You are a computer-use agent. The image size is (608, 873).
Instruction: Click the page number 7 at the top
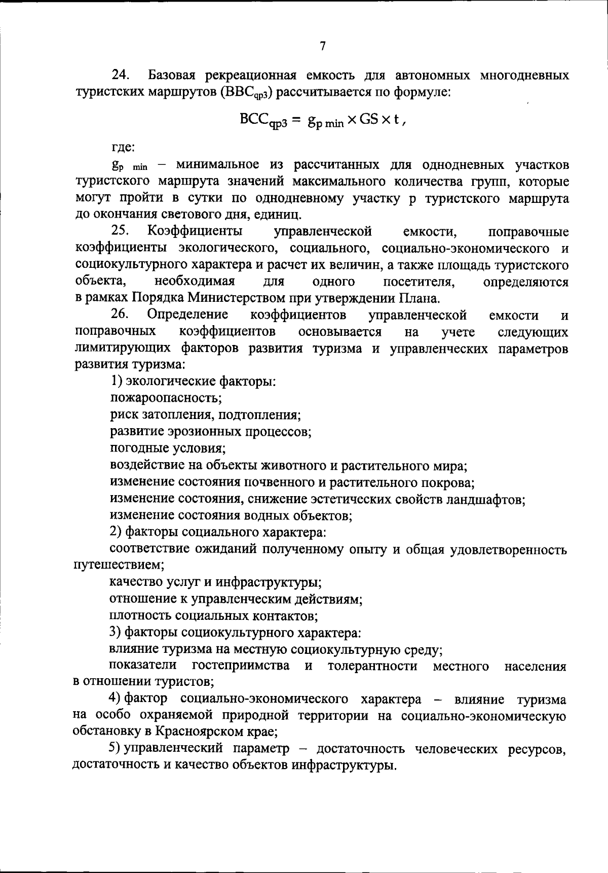tap(322, 47)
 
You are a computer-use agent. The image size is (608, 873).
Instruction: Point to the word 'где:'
tap(123, 148)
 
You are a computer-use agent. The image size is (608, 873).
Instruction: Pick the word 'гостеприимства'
tap(241, 666)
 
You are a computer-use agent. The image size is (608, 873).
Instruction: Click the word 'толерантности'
tap(372, 666)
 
